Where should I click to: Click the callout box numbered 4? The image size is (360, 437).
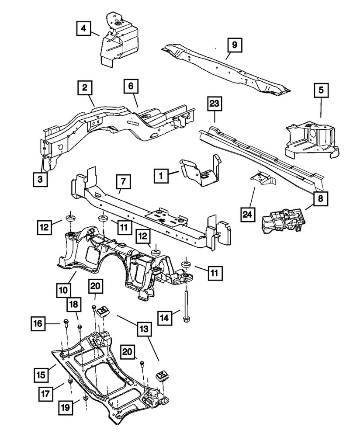(x=83, y=29)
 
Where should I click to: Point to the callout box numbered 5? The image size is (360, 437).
(x=321, y=91)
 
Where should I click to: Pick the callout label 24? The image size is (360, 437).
(x=248, y=214)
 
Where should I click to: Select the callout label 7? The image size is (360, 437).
(x=123, y=180)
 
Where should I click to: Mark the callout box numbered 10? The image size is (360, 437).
(x=64, y=289)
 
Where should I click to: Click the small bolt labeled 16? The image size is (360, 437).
(x=66, y=323)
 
